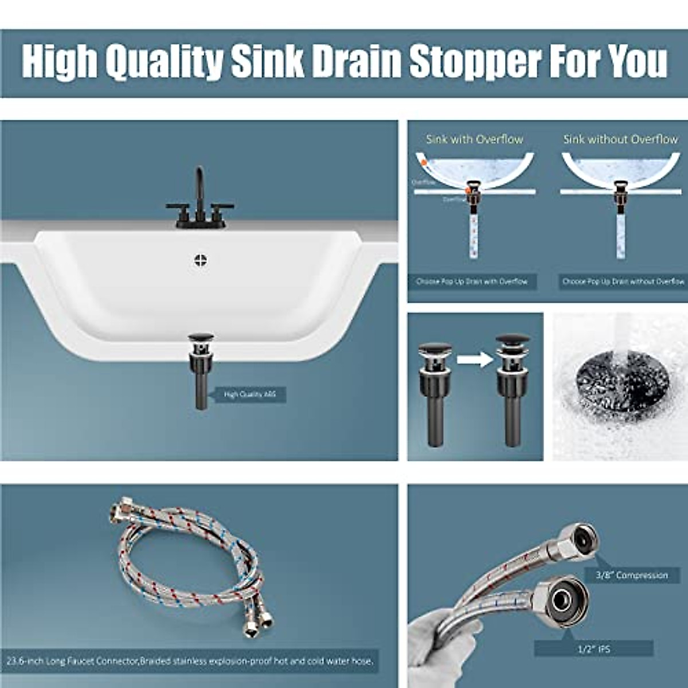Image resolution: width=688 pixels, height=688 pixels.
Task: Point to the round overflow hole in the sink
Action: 200,260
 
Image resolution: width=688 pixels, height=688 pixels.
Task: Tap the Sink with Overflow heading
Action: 474,139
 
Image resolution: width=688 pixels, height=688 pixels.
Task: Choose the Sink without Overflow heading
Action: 620,139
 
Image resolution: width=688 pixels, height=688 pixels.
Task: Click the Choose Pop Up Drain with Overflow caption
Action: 472,282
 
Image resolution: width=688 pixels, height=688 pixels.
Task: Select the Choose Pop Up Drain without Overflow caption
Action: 623,282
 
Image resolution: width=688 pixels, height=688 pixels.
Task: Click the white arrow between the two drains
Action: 475,360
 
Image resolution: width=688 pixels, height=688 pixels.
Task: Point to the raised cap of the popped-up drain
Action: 513,341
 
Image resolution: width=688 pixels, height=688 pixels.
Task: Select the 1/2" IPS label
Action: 593,649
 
